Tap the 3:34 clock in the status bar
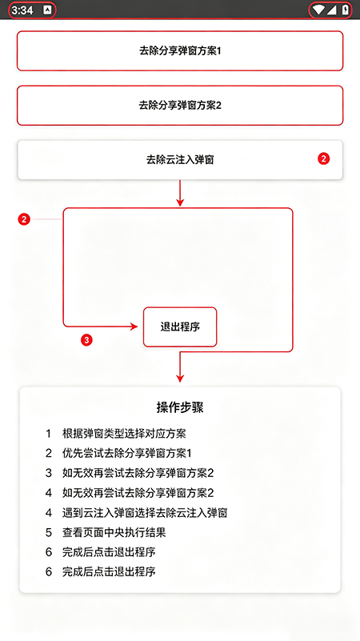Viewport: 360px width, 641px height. click(x=22, y=10)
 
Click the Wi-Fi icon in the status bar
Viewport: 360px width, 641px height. click(x=318, y=10)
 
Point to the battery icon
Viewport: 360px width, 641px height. click(x=346, y=10)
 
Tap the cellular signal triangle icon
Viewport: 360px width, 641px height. click(x=331, y=10)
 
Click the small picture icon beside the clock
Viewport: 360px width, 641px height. click(x=47, y=10)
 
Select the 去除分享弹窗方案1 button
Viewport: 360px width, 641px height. click(x=180, y=51)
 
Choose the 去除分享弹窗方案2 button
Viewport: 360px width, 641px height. click(x=180, y=106)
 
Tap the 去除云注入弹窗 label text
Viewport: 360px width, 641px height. click(x=180, y=160)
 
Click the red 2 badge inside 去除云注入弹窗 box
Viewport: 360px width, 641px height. click(x=324, y=159)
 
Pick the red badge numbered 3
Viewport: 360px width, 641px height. click(x=86, y=340)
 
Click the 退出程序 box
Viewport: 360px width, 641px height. click(x=180, y=327)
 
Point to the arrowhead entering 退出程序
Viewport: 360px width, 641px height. click(x=134, y=327)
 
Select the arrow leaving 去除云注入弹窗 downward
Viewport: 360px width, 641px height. click(x=180, y=194)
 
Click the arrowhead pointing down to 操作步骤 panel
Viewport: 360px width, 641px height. click(x=180, y=379)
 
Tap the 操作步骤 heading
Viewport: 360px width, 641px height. click(x=180, y=407)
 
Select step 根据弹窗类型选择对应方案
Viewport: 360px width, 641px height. click(x=124, y=433)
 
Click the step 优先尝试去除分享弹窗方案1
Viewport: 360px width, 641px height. click(x=126, y=454)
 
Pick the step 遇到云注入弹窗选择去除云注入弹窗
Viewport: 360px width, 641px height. click(x=145, y=513)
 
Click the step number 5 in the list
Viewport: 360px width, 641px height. click(x=49, y=533)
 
